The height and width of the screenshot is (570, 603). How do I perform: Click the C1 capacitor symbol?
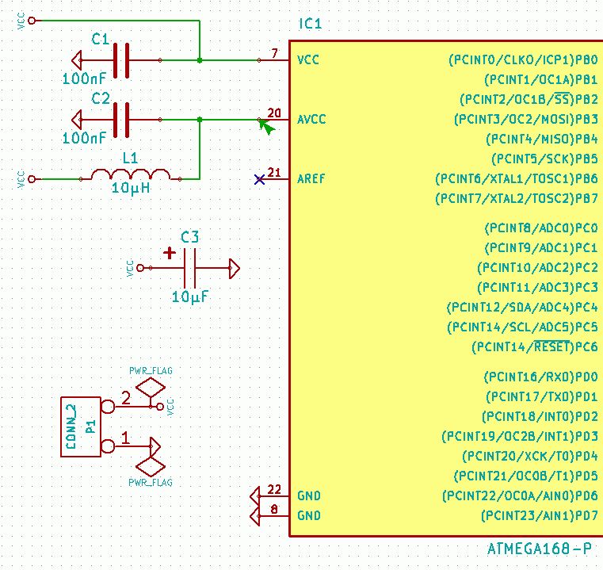121,60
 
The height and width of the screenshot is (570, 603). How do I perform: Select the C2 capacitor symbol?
121,120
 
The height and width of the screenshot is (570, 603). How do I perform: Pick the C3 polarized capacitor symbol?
190,269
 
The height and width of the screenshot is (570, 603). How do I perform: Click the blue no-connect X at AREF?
259,180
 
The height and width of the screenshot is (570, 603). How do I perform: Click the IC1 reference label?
310,25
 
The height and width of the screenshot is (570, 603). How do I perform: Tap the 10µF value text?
190,297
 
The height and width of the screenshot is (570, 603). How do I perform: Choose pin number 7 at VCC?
274,53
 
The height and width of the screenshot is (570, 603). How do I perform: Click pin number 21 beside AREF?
274,172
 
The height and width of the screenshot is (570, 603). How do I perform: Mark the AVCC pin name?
311,120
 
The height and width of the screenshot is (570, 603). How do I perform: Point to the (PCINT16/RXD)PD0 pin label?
540,377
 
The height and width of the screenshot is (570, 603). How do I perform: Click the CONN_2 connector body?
81,427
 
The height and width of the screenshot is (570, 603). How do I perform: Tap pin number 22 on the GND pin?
274,489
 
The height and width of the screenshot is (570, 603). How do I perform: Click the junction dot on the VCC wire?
200,60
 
